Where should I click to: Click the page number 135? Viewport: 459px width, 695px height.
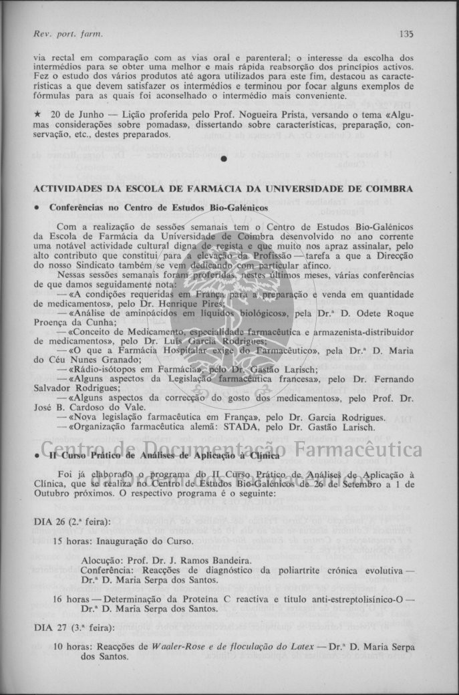[x=407, y=33]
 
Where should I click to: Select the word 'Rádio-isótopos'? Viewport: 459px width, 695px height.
[x=105, y=369]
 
